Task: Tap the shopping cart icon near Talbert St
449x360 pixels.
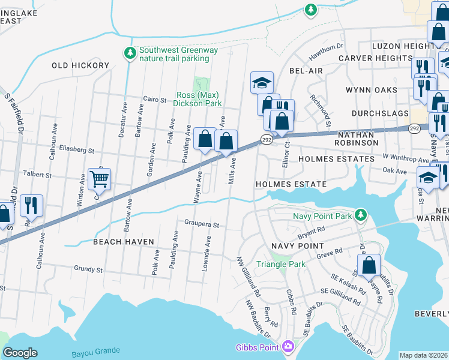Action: (99, 178)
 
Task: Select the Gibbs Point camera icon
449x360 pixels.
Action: (288, 346)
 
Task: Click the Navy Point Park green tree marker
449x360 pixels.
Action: (360, 214)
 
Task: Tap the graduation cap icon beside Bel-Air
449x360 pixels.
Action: (262, 82)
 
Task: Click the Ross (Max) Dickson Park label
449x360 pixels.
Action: (197, 99)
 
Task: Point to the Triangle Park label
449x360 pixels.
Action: (280, 264)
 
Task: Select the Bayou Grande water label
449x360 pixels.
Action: (95, 351)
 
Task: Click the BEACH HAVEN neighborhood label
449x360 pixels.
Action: (124, 241)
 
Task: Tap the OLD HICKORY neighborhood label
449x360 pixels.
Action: (80, 65)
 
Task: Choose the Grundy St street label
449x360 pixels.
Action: (88, 269)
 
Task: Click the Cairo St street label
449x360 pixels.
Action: (154, 100)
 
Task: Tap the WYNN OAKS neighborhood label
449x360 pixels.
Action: (371, 90)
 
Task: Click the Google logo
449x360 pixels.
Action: (20, 353)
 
